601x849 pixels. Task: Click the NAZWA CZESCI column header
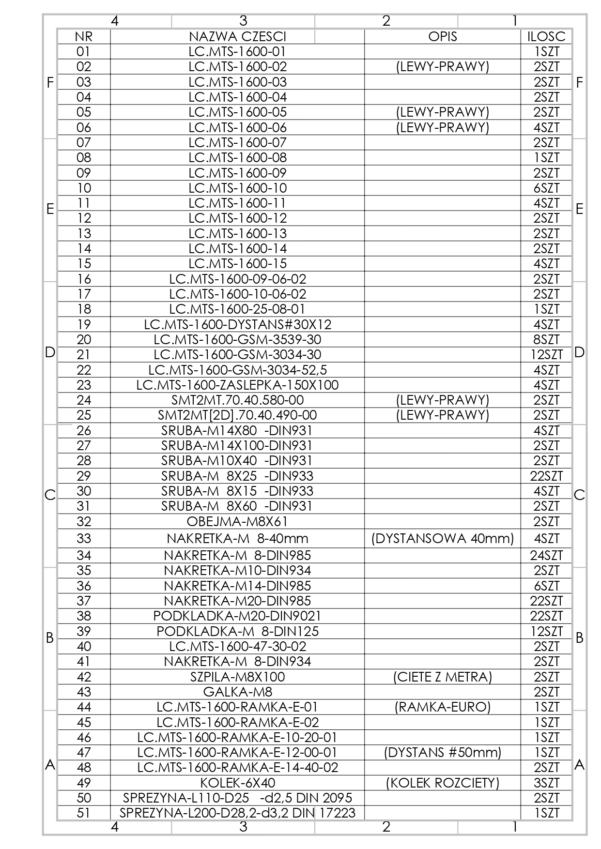237,36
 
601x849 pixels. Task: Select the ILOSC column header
546,36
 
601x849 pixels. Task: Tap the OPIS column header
442,36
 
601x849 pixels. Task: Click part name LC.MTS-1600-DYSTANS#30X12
237,324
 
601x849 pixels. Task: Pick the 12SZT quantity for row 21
546,355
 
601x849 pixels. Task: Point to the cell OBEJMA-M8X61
237,521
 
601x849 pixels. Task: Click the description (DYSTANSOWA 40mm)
442,538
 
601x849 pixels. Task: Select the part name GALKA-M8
237,692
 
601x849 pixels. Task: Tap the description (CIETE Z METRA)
442,677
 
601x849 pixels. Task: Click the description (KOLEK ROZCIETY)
442,783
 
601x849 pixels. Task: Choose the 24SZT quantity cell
546,555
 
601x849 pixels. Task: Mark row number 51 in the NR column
84,813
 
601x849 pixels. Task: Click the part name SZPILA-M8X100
237,677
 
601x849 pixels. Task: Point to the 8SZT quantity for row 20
546,339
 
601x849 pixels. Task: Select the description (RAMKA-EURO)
442,707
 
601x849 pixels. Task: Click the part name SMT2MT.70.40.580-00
237,400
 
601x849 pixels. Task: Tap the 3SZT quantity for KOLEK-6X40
546,783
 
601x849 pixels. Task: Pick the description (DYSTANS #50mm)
442,752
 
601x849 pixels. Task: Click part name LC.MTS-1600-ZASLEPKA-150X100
237,385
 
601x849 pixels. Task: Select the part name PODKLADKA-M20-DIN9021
237,616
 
